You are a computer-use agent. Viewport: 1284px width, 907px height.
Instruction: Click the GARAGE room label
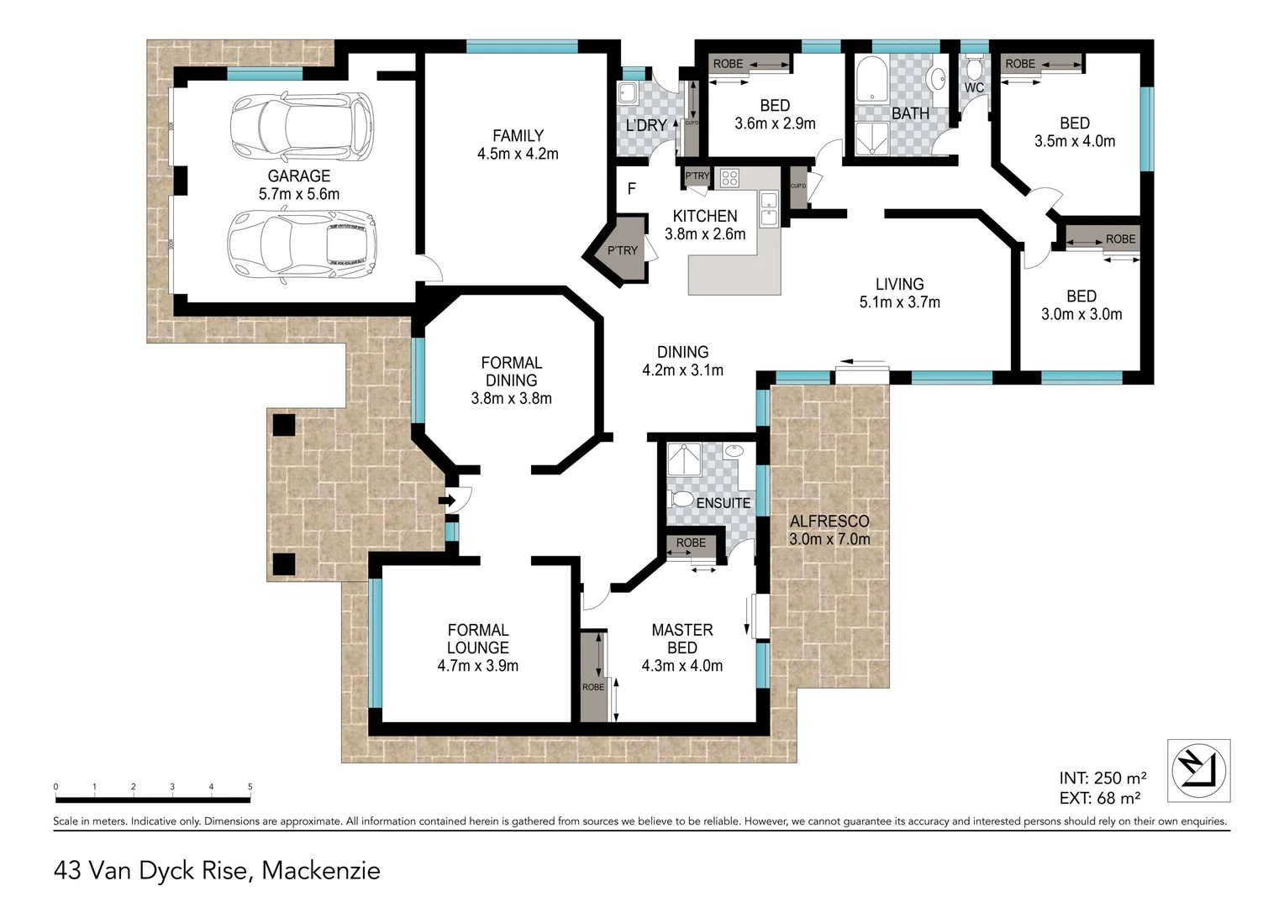(298, 176)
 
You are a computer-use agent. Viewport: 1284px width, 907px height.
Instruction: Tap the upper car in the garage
(302, 127)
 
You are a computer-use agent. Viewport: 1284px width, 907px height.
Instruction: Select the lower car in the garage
(302, 245)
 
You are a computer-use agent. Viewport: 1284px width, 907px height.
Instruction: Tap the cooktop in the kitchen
(729, 178)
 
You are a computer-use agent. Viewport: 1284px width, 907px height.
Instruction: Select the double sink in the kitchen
(769, 209)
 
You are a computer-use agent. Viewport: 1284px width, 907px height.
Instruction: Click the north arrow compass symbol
(1198, 771)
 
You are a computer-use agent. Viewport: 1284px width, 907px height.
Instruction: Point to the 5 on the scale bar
(250, 787)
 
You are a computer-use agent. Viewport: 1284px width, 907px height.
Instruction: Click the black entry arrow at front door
(447, 501)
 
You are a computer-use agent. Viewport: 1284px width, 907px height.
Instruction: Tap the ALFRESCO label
(829, 521)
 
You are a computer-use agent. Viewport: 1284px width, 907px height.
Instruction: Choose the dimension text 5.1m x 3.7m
(899, 302)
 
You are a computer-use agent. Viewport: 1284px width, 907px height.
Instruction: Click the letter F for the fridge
(632, 188)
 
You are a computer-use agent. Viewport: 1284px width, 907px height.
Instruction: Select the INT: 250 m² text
(1102, 778)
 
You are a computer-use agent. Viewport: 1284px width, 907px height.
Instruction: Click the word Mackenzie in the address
(321, 870)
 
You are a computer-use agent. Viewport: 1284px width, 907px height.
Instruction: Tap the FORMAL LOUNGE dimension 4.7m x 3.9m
(477, 666)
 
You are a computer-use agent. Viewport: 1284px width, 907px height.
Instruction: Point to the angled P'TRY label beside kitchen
(623, 250)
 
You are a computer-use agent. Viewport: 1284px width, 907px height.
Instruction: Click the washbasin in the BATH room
(939, 79)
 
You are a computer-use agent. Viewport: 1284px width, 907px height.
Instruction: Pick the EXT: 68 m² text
(1099, 798)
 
